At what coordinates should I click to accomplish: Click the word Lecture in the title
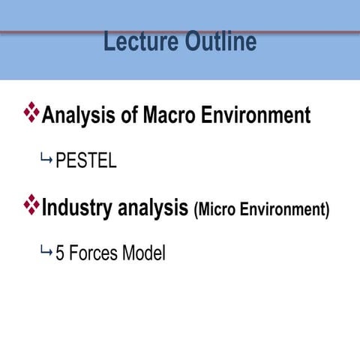(141, 41)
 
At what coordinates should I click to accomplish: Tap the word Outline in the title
(221, 41)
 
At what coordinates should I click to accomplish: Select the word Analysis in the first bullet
(79, 115)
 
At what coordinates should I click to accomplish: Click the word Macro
(169, 115)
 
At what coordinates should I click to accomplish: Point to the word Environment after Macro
(256, 115)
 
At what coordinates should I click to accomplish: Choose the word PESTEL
(86, 160)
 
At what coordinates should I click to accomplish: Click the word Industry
(76, 208)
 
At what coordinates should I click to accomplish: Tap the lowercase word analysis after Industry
(153, 208)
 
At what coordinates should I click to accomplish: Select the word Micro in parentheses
(217, 209)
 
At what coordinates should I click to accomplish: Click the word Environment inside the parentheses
(282, 209)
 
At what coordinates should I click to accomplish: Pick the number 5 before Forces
(60, 253)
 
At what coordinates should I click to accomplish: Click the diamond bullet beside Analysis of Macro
(31, 112)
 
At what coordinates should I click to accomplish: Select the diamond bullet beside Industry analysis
(31, 205)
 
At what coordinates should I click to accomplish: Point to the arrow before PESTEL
(46, 157)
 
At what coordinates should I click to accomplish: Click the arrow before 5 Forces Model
(46, 251)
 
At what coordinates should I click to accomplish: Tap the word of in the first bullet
(129, 115)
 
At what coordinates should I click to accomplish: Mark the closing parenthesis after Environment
(327, 210)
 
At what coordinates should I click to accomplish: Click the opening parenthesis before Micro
(196, 210)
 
